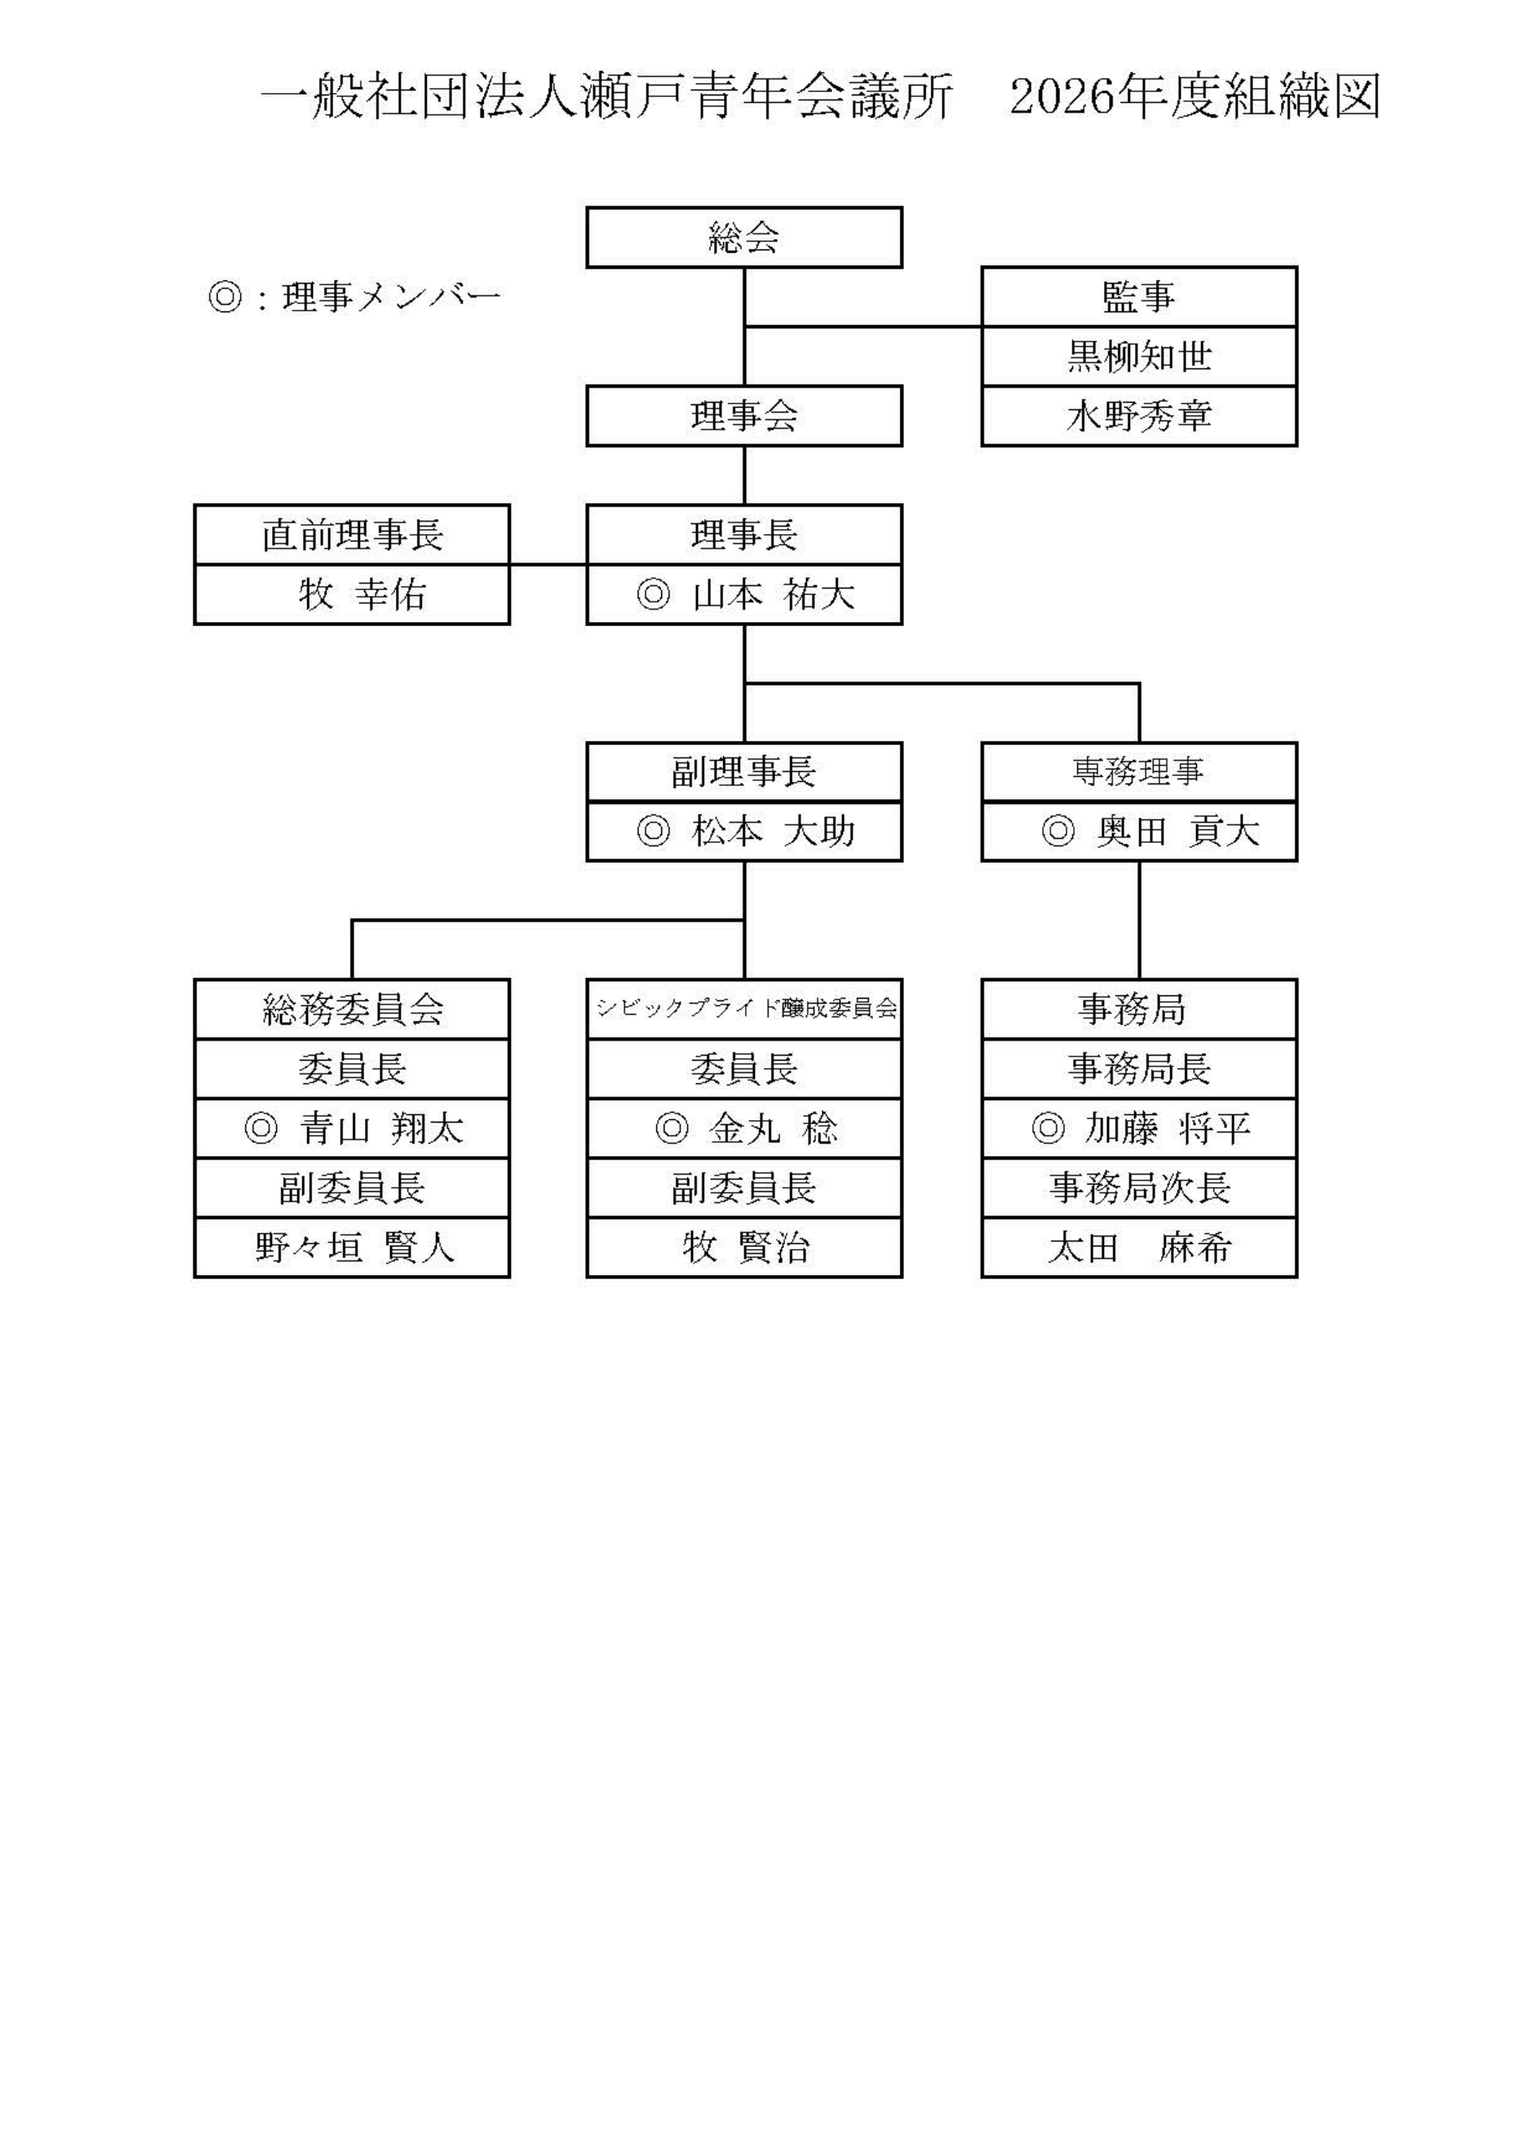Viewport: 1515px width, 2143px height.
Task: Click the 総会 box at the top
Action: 744,238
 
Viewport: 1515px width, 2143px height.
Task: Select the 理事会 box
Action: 744,416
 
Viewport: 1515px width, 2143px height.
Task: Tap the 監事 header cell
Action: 1139,297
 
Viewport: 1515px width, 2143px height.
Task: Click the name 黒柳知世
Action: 1139,357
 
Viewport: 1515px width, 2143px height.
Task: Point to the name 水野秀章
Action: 1139,416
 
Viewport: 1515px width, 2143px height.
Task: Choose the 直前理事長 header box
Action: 352,535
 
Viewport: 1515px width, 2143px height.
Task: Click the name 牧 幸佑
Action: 362,594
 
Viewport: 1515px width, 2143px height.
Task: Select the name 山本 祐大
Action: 773,594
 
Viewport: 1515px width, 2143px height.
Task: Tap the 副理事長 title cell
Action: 744,772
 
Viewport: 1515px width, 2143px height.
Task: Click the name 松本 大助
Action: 773,830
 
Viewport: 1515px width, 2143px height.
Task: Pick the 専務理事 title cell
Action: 1139,772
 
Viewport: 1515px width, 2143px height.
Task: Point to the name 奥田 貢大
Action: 1178,830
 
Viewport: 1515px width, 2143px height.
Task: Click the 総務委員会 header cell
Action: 352,1009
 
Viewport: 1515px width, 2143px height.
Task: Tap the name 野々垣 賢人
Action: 354,1247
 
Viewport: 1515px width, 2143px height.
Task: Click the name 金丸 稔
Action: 773,1128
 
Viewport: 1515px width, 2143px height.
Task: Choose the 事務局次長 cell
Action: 1139,1187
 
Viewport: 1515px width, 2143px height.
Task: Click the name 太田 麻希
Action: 1139,1247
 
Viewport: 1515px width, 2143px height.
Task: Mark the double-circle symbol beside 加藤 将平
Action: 1047,1128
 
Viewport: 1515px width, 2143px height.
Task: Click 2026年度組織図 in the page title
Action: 1194,97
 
